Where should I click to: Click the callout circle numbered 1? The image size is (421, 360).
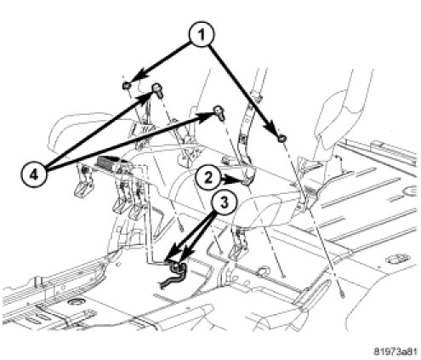tap(202, 35)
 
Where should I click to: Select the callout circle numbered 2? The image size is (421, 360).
tap(208, 178)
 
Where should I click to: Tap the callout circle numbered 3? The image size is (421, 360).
tap(225, 203)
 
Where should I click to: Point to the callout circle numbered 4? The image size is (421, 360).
tap(34, 175)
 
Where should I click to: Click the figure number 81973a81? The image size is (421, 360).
tap(395, 351)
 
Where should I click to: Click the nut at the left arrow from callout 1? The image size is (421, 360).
tap(126, 85)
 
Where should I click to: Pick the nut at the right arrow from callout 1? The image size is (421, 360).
tap(282, 138)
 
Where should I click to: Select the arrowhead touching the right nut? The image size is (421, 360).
tap(272, 128)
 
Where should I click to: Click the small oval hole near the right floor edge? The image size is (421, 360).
tap(397, 259)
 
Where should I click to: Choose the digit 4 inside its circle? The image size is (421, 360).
tap(34, 175)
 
